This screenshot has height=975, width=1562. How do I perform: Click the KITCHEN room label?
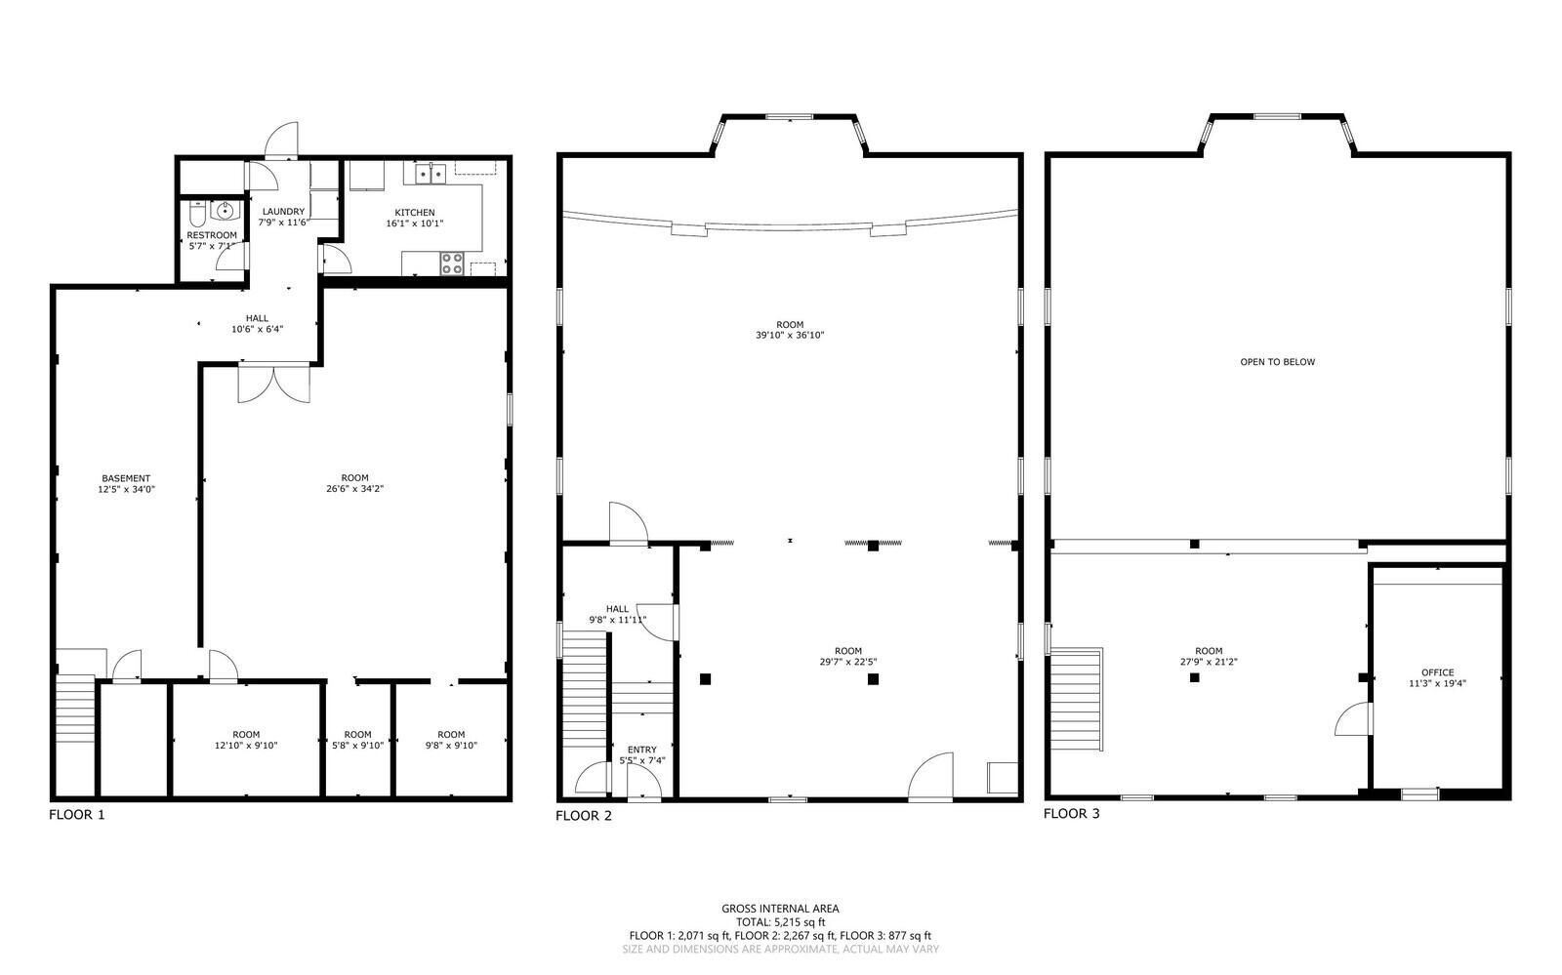[414, 213]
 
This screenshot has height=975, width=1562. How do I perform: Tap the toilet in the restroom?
[198, 214]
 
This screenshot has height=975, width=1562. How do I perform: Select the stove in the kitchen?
[452, 264]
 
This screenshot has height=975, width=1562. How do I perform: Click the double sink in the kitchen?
[430, 174]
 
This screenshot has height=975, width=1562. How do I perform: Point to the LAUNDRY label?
[283, 212]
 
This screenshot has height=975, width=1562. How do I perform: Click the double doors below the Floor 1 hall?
[274, 383]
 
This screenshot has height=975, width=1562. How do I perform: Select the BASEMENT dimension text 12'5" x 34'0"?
[126, 489]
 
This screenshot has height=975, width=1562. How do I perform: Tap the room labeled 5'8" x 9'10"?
[357, 740]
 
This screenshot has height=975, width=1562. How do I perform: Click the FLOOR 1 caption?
[76, 814]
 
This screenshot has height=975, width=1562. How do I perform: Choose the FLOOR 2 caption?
[583, 816]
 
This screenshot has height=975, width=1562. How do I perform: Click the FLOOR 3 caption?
[1071, 813]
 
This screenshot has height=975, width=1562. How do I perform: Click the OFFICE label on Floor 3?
[1437, 672]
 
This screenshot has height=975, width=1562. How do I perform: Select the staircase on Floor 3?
[1077, 699]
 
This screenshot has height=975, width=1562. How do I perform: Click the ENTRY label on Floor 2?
[641, 750]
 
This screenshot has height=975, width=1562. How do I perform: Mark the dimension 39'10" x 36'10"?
[790, 336]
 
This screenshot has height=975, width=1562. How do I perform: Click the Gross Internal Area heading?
[780, 909]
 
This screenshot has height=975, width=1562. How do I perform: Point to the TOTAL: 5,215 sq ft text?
[780, 922]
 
